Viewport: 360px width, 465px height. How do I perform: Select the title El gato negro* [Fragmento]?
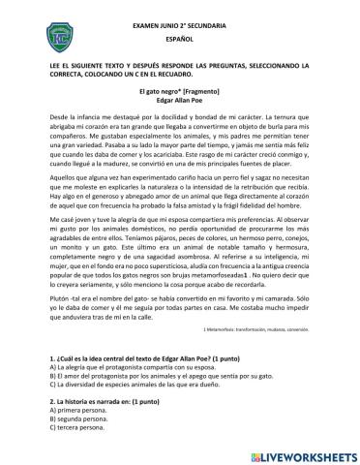point(180,87)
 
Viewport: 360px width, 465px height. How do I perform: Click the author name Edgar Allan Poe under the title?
point(180,99)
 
